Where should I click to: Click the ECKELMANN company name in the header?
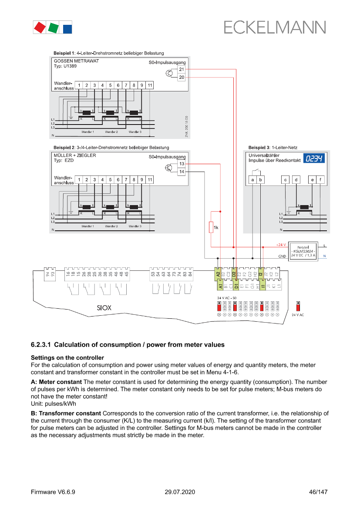pyautogui.click(x=275, y=27)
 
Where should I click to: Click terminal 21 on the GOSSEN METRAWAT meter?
pyautogui.click(x=182, y=70)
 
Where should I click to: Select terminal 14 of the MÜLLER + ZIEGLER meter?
pyautogui.click(x=182, y=172)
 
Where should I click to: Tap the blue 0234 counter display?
pyautogui.click(x=314, y=158)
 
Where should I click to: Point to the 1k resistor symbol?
pyautogui.click(x=211, y=227)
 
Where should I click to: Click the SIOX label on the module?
pyautogui.click(x=104, y=308)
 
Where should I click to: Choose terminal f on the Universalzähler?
pyautogui.click(x=320, y=179)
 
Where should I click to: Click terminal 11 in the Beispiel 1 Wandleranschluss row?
pyautogui.click(x=150, y=85)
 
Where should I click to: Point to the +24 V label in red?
pyautogui.click(x=281, y=245)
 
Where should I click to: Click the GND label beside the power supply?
pyautogui.click(x=282, y=256)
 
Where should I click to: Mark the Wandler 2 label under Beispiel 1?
pyautogui.click(x=111, y=131)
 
